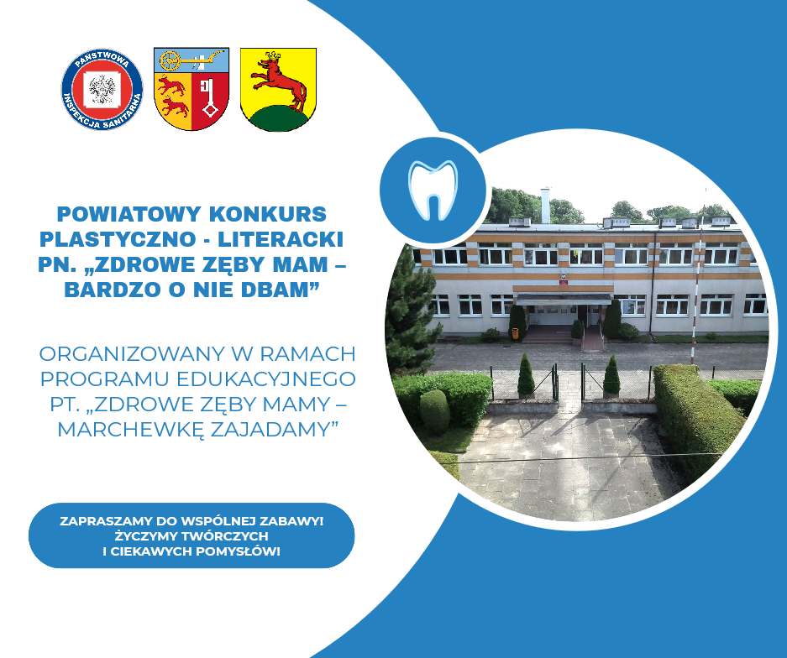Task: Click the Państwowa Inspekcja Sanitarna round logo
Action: [102, 89]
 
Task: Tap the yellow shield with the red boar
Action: [278, 89]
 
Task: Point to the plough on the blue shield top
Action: [192, 60]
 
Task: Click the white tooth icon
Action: [433, 190]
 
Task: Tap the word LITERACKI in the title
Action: [281, 239]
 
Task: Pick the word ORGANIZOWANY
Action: [132, 354]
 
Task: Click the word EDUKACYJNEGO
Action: [266, 379]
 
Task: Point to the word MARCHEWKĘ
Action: [130, 430]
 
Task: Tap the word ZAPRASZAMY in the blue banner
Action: [107, 521]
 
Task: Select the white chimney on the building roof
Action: [545, 205]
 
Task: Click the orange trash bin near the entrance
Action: [515, 333]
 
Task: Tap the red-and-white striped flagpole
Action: [698, 281]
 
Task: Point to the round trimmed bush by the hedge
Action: [435, 411]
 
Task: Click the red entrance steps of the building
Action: [548, 334]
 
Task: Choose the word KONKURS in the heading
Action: [268, 214]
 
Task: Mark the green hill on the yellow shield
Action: [278, 119]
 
